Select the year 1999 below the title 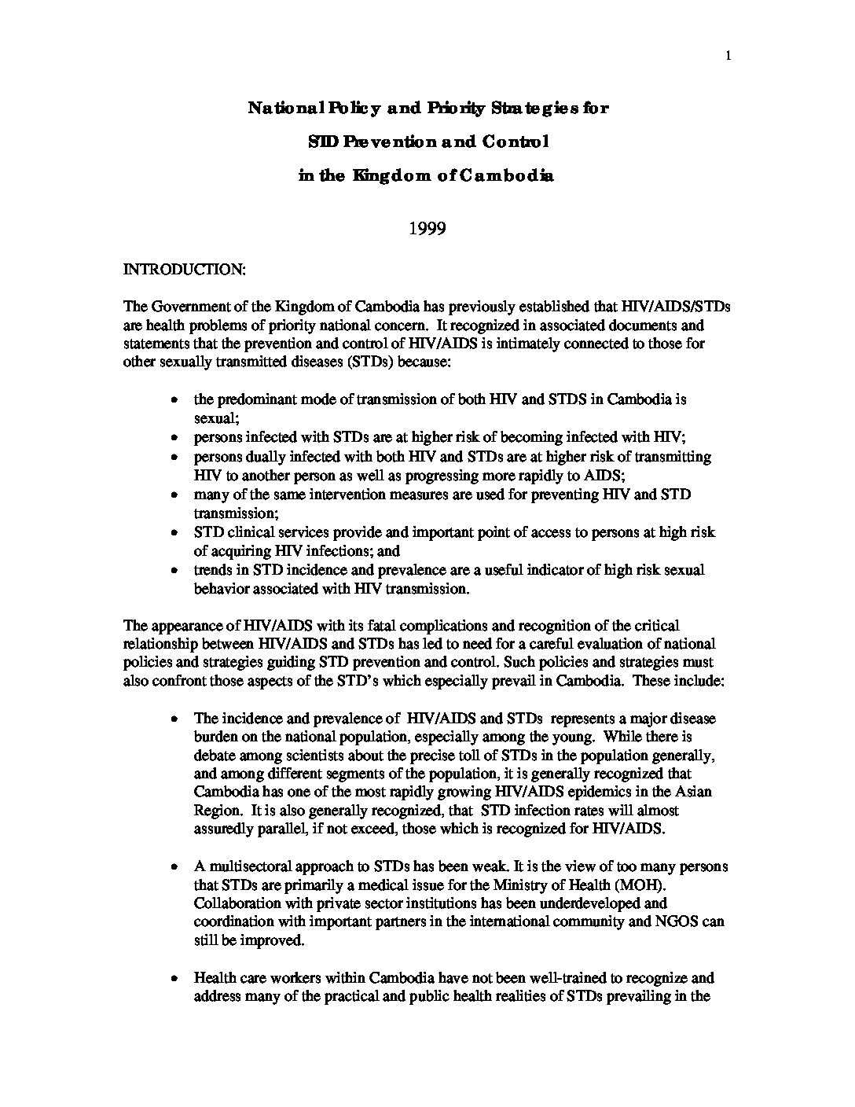(x=427, y=229)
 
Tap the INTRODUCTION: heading (x=185, y=270)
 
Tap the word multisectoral (x=247, y=866)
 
